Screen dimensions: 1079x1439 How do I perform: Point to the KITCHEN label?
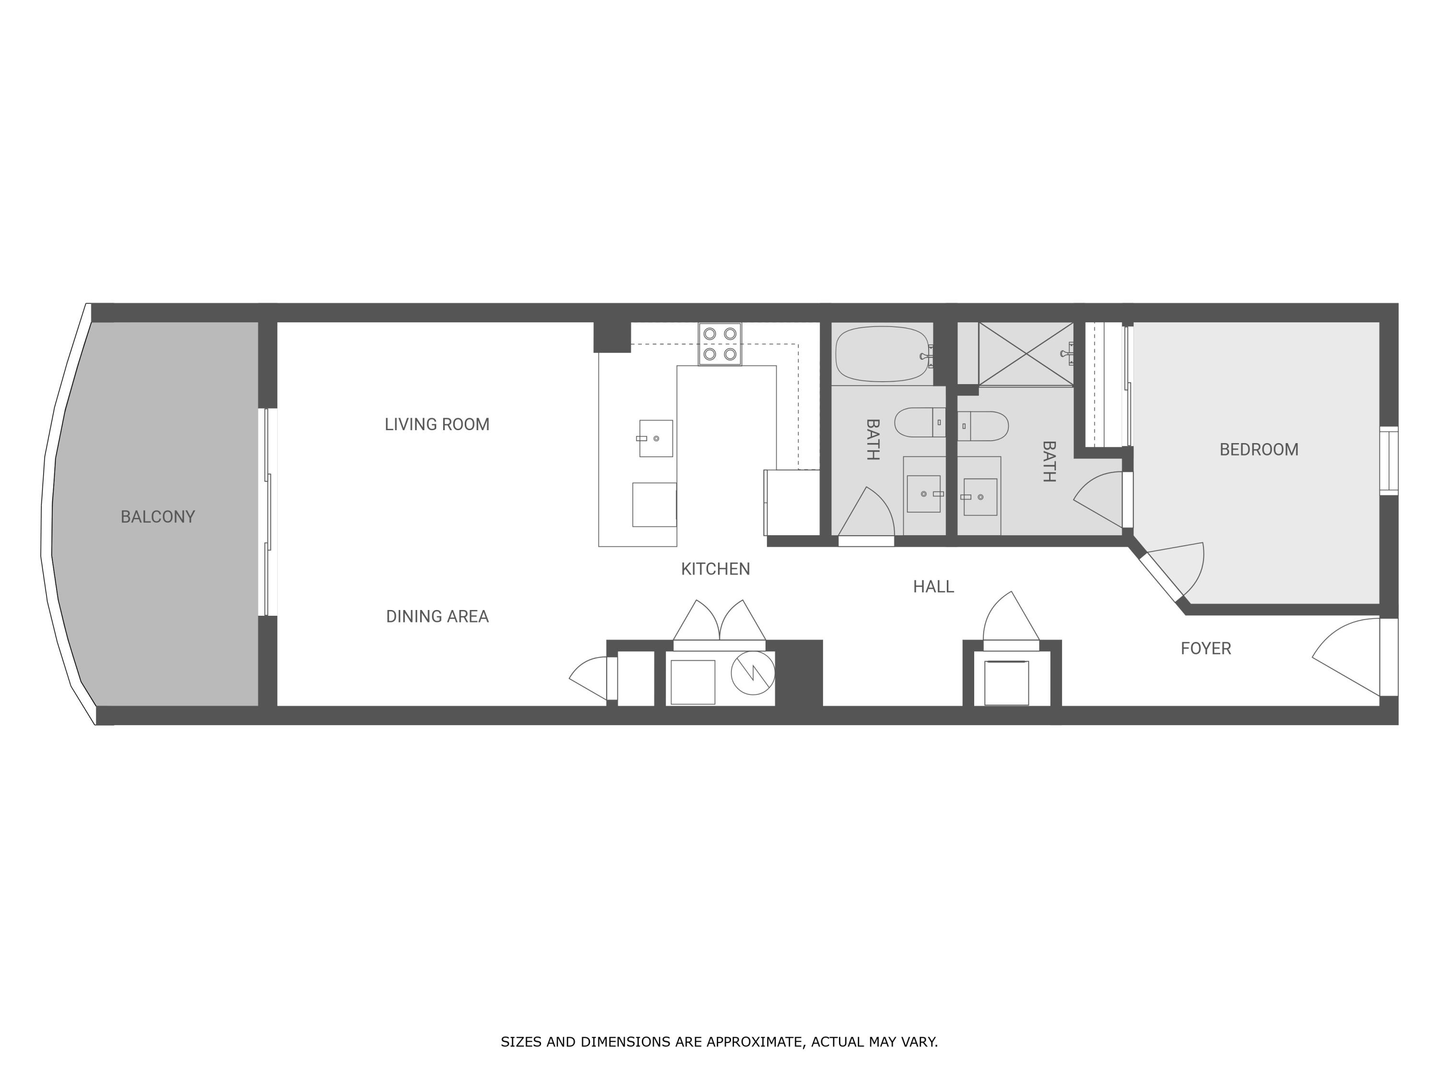(715, 569)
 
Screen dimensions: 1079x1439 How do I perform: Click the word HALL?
(933, 586)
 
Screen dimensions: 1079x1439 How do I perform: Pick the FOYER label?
(1205, 648)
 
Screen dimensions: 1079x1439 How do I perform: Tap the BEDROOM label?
(1258, 449)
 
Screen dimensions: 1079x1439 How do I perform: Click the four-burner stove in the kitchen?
(719, 344)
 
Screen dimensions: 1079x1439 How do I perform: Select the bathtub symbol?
(882, 354)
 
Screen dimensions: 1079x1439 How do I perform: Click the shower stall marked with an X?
(1025, 354)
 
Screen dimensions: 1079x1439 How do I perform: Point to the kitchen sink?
(655, 438)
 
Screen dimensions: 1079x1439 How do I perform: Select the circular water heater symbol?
(753, 672)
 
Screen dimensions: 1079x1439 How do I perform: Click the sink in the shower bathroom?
(979, 497)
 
